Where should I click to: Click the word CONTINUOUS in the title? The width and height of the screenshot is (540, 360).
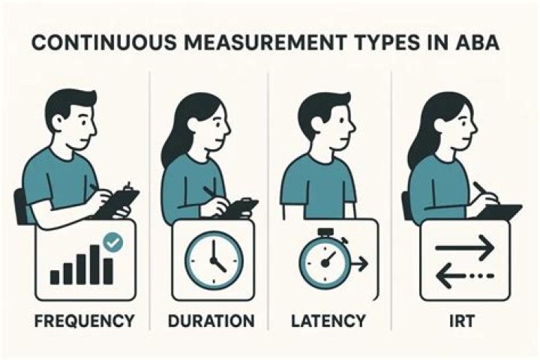[x=103, y=43]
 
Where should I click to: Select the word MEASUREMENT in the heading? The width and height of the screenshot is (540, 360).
[x=265, y=43]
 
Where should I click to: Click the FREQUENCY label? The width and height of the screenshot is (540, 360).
[x=84, y=321]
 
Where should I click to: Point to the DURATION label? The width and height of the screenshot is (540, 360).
[x=211, y=321]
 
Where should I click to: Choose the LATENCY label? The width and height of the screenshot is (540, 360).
[x=328, y=321]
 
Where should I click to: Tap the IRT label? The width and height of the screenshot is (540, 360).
[x=462, y=321]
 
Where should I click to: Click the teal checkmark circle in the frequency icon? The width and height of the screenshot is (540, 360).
[x=113, y=242]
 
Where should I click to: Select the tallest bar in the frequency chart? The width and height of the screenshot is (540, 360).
[x=95, y=265]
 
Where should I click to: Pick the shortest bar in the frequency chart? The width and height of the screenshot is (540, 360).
[x=55, y=277]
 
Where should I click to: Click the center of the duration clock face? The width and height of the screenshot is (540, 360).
[x=214, y=258]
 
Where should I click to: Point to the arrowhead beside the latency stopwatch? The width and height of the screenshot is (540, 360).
[x=363, y=264]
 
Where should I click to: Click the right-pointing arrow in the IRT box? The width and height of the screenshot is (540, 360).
[x=465, y=247]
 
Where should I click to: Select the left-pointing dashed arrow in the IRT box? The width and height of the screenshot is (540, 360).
[x=465, y=275]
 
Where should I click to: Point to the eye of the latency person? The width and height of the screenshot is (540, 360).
[x=341, y=121]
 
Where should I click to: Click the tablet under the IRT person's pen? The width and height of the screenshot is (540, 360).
[x=500, y=211]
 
